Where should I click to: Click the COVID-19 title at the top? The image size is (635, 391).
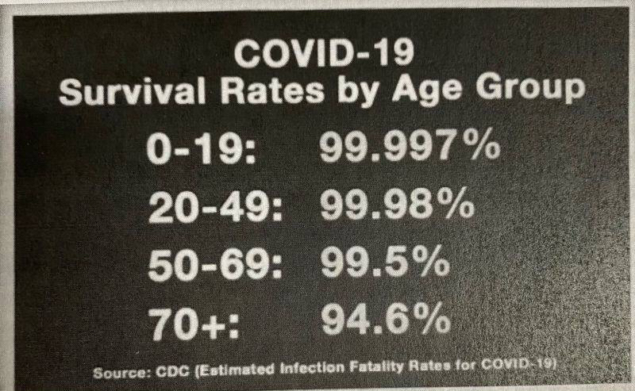(325, 53)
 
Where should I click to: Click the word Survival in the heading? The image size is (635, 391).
(132, 91)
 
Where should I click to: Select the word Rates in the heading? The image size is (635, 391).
(272, 90)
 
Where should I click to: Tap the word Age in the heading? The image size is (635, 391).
(426, 90)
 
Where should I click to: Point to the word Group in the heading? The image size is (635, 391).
(530, 90)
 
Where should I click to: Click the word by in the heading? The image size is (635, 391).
(357, 92)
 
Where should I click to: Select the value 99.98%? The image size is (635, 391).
(398, 205)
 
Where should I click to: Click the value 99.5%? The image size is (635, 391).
(385, 264)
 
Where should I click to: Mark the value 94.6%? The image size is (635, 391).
(386, 320)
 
